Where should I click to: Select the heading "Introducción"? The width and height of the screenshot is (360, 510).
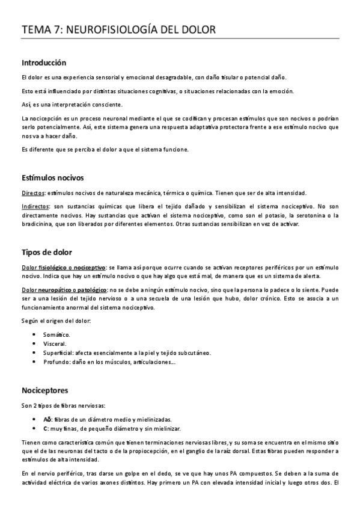[x=44, y=63]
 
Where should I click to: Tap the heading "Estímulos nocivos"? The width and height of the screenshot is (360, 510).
[x=53, y=178]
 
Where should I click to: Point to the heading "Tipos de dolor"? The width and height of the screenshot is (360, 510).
[x=47, y=251]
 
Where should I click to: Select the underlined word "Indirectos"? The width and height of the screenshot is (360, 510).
[x=35, y=206]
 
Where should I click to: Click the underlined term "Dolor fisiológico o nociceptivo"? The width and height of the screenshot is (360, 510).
[x=64, y=266]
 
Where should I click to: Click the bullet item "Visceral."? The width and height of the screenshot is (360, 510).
[x=55, y=343]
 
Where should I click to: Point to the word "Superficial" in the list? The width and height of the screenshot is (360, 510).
[x=59, y=352]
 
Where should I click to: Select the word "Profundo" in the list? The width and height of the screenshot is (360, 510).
[x=57, y=362]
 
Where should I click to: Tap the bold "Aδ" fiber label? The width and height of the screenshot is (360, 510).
[x=46, y=419]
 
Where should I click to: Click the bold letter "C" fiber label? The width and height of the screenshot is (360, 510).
[x=45, y=429]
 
